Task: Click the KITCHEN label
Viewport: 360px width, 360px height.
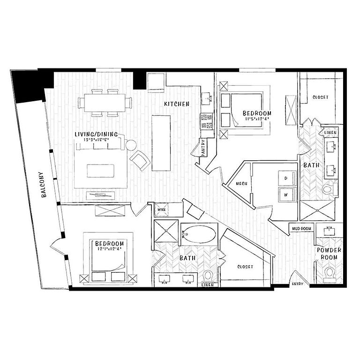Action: coord(176,104)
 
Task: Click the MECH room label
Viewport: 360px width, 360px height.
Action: coord(241,183)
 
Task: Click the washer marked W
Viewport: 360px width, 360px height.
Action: coord(285,193)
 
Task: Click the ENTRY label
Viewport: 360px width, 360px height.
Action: coord(297,284)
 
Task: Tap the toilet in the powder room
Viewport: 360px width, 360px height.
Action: coord(329,273)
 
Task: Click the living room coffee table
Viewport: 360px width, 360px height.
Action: coord(101,171)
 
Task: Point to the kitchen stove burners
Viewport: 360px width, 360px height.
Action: coord(207,121)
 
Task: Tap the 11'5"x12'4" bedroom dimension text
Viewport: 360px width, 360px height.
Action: coord(257,119)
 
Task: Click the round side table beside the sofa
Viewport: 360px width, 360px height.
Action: coord(130,145)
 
